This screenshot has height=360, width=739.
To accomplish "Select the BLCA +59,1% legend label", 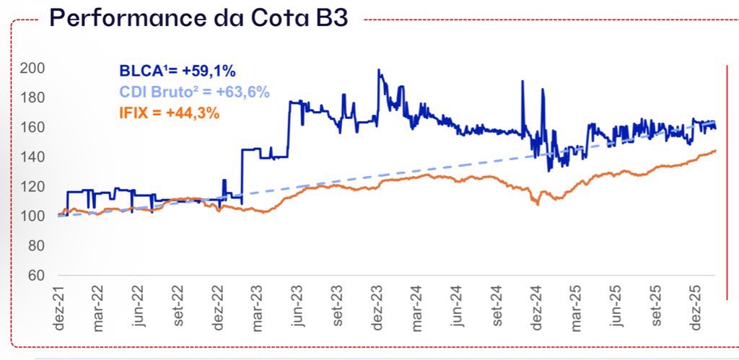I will pos(178,71).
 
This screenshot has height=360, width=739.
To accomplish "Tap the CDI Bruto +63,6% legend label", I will pos(194,92).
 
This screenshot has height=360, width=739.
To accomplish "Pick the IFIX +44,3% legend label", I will pos(170,113).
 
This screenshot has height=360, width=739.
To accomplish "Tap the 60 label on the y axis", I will pos(36,276).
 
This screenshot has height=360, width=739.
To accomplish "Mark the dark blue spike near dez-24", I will pos(522,82).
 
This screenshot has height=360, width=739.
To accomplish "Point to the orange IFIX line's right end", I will pos(715,151).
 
